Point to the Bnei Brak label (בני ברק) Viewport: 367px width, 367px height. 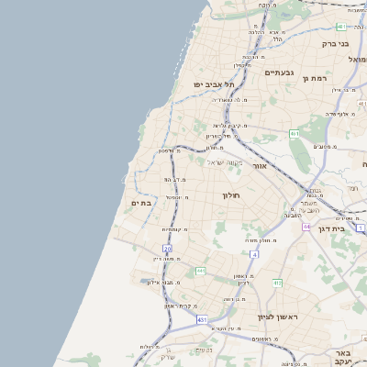point(336,43)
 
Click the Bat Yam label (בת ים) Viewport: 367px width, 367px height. point(140,203)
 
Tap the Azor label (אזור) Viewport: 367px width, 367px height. point(260,167)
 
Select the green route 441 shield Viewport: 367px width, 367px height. point(200,271)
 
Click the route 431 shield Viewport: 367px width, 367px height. point(202,319)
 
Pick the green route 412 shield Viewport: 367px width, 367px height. point(277,284)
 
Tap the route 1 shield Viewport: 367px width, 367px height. point(361,227)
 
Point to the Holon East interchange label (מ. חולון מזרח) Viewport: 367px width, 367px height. point(262,239)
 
